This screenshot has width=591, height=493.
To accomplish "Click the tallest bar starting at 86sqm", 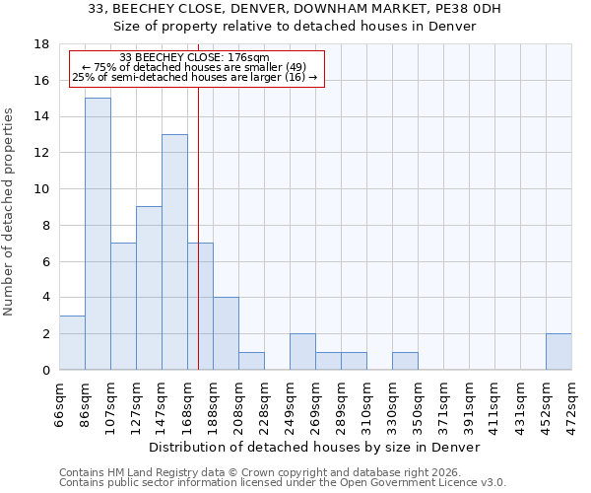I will (98, 234).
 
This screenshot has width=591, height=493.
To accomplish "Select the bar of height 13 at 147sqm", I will (174, 252).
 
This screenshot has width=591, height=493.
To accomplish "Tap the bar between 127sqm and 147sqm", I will (149, 288).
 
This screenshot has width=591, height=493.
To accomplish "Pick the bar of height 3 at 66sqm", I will (72, 342).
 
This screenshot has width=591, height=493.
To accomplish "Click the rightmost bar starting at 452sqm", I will (558, 352).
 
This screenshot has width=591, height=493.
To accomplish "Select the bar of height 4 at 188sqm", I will (226, 333).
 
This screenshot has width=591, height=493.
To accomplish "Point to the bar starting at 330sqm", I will (405, 361).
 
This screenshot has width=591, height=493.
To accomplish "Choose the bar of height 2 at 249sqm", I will (302, 352).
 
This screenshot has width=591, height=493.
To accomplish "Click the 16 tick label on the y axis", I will (42, 81).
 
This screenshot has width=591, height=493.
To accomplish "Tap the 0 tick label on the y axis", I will (46, 371).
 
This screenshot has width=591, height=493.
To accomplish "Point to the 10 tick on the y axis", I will (42, 189).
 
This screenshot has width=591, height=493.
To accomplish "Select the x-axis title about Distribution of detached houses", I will (315, 447).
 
